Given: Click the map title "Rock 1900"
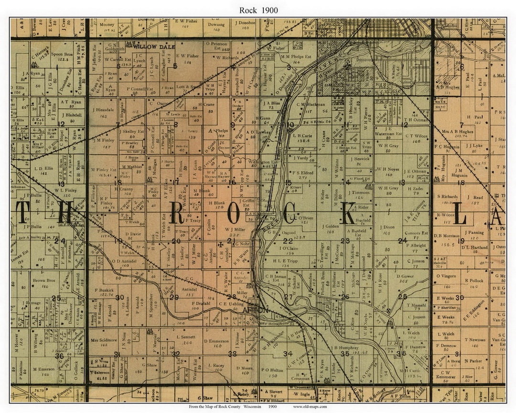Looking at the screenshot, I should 258,10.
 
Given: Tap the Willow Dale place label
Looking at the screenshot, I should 147,47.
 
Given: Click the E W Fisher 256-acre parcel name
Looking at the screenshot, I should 187,56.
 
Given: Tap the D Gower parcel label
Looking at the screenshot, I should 405,276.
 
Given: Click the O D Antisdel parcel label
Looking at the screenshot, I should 123,261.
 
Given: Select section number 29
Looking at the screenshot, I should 174,297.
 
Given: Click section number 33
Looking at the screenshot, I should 232,353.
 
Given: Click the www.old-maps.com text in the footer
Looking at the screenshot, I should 310,406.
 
